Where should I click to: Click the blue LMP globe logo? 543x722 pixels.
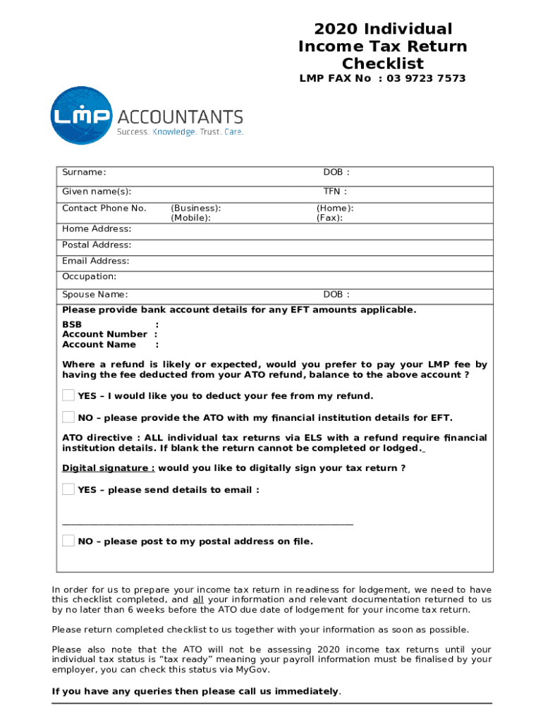pos(82,116)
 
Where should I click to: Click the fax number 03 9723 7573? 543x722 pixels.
pos(426,78)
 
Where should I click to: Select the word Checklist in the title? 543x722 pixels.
pos(383,64)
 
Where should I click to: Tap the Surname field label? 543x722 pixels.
pos(84,172)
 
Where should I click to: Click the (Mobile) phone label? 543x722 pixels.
pos(190,218)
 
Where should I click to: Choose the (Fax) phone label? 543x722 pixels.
pos(329,218)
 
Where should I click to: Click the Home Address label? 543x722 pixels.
pos(97,228)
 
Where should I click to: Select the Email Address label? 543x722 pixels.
pos(95,261)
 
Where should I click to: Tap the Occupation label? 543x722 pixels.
pos(89,276)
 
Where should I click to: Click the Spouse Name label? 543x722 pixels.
pos(94,295)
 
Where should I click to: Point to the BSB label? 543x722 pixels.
pos(72,324)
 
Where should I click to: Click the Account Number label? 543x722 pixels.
pos(104,334)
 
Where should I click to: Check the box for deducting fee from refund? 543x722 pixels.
pos(68,395)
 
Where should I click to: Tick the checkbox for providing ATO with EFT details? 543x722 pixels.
pos(68,417)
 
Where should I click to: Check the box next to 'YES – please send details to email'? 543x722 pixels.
pos(68,489)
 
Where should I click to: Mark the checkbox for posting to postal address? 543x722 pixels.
pos(68,541)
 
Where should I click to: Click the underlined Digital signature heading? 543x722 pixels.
pos(108,468)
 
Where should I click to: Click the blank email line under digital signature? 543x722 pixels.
pos(207,523)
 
